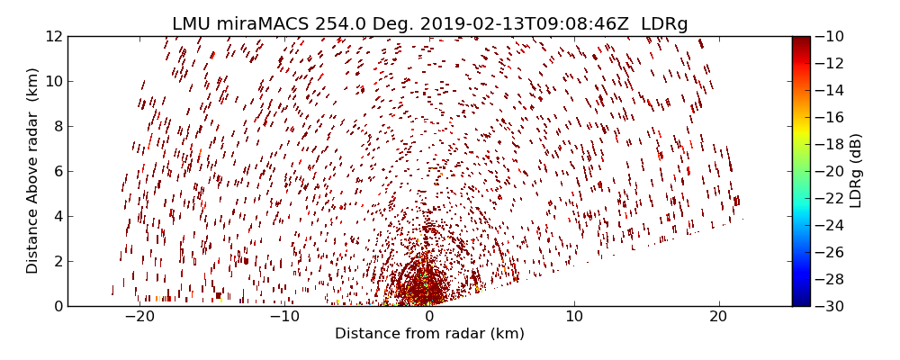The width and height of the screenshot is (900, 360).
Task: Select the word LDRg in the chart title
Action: tap(664, 24)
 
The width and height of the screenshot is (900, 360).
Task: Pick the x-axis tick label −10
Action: tap(284, 317)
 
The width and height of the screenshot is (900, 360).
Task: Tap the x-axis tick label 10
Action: tap(574, 317)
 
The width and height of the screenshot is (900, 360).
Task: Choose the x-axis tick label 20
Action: tap(718, 317)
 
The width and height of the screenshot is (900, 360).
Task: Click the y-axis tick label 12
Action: tap(53, 36)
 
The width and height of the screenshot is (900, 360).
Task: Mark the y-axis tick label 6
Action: tap(57, 171)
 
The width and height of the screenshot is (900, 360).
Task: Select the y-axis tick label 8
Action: tap(57, 126)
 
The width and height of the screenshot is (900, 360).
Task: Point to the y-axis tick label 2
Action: tap(57, 261)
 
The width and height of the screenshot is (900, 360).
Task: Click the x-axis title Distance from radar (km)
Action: tap(429, 334)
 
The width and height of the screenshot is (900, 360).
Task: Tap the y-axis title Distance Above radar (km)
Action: tap(33, 171)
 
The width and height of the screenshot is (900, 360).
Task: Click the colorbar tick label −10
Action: tap(829, 36)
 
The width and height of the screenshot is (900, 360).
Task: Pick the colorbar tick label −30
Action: tap(829, 306)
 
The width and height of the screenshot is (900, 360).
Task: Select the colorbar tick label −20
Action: tap(829, 171)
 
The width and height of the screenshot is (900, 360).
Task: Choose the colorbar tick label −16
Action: tap(829, 117)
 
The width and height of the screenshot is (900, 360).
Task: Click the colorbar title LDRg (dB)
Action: tap(856, 171)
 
